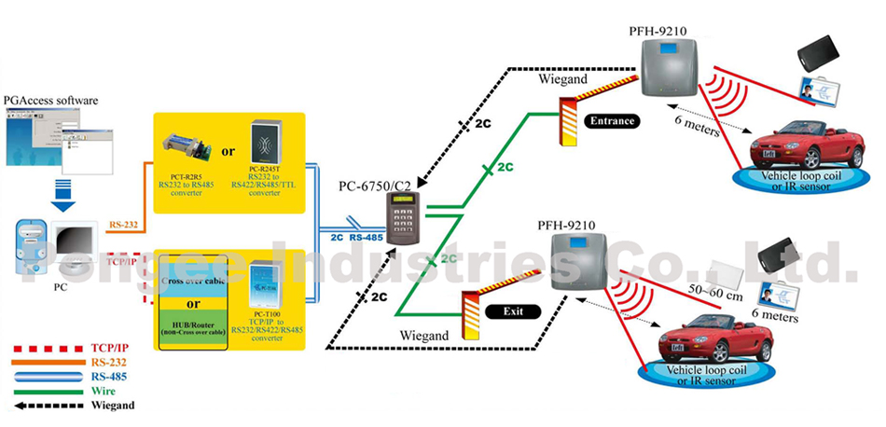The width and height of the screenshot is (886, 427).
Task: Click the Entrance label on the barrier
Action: click(x=612, y=121)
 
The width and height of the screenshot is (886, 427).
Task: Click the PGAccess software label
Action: click(x=51, y=100)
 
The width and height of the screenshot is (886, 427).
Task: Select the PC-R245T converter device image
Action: click(x=267, y=144)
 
